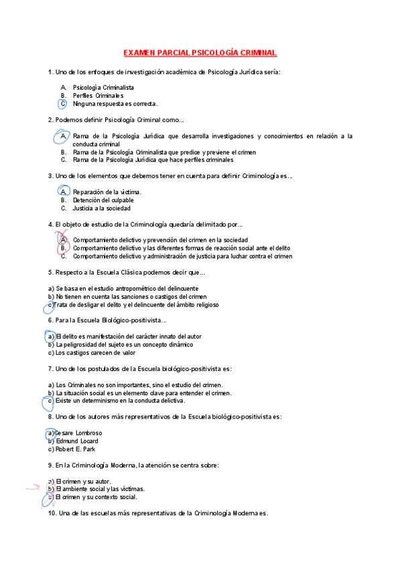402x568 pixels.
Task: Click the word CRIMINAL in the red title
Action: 254,52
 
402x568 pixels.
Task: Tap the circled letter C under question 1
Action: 62,104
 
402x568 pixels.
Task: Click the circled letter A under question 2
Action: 62,136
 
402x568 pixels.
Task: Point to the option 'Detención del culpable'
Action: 103,200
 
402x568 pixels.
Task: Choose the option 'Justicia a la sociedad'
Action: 102,208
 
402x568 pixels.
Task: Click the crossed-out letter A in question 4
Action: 63,240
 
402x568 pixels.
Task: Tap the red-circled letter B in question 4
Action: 63,248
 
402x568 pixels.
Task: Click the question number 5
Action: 51,272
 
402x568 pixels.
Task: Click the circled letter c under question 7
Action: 50,401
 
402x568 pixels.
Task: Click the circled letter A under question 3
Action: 63,192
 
